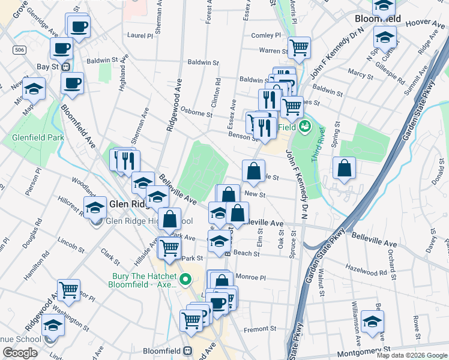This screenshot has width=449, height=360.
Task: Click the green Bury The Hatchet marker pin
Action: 185,280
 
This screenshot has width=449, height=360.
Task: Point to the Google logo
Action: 20,353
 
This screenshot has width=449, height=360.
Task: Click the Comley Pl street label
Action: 266,36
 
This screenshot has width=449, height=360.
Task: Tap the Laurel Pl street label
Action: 140,35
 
